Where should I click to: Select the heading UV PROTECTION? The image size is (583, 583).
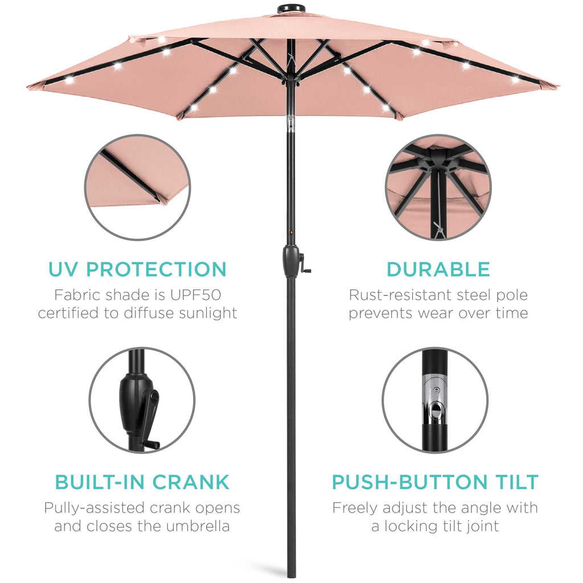[137, 269]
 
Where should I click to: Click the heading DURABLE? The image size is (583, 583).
[438, 269]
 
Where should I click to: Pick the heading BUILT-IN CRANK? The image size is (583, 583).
[142, 482]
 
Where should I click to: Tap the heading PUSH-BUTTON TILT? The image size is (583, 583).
[435, 482]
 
